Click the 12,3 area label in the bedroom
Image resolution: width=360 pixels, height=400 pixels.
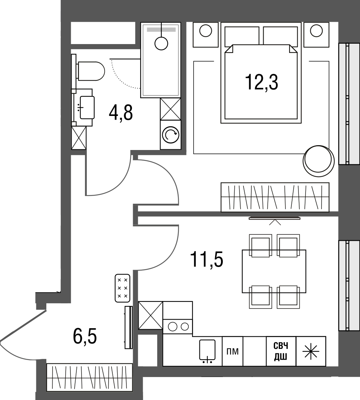pyautogui.click(x=261, y=82)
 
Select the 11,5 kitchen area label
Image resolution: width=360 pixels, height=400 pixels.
pyautogui.click(x=207, y=259)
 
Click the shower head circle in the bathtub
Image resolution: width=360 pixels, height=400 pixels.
pyautogui.click(x=161, y=43)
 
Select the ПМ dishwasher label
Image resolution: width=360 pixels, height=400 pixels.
pyautogui.click(x=232, y=351)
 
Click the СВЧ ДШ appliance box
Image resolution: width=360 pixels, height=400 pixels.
pyautogui.click(x=281, y=351)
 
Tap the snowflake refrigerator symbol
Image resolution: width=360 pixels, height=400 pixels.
pyautogui.click(x=311, y=351)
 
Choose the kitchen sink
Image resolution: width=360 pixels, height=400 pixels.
pyautogui.click(x=207, y=351)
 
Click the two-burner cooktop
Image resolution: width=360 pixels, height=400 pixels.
pyautogui.click(x=178, y=327)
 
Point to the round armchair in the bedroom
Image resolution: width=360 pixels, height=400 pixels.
pyautogui.click(x=318, y=161)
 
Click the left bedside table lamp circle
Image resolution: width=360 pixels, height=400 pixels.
pyautogui.click(x=205, y=31)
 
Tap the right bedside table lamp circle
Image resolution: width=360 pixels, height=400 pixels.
pyautogui.click(x=316, y=31)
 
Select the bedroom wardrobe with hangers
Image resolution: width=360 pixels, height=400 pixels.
pyautogui.click(x=275, y=197)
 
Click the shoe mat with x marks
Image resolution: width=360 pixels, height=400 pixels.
pyautogui.click(x=123, y=288)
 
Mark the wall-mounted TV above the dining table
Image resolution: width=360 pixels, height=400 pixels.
pyautogui.click(x=275, y=218)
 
